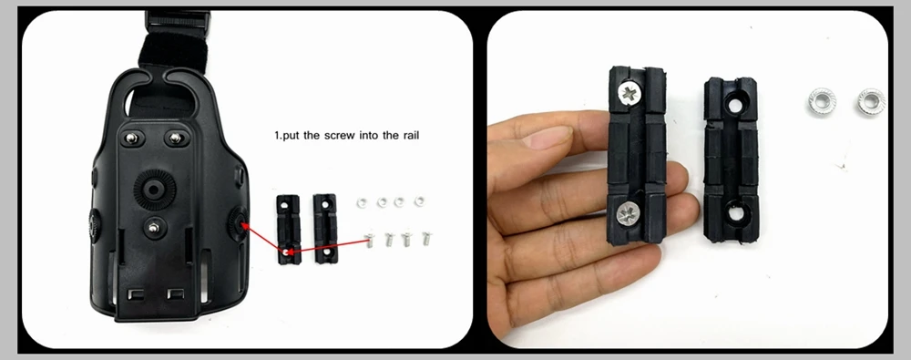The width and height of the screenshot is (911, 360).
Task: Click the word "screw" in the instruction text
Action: tap(339, 136)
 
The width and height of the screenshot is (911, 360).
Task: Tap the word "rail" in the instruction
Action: tap(410, 136)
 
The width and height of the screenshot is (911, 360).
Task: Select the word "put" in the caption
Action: tap(292, 136)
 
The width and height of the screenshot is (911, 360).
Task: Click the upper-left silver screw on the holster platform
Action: tap(132, 138)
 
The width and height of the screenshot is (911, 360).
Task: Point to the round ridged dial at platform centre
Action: tap(155, 189)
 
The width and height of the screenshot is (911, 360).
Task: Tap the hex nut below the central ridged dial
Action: tap(153, 228)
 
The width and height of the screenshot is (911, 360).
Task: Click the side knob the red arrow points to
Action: tap(237, 224)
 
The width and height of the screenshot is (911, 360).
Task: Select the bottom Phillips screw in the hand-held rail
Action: tap(627, 213)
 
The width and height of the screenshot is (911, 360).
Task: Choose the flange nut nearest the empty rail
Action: tap(821, 102)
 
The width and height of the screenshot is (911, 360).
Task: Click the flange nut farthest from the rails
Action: tap(871, 102)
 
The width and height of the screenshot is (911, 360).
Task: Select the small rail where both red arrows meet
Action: tap(288, 230)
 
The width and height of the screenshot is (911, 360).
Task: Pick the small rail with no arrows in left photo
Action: tap(325, 229)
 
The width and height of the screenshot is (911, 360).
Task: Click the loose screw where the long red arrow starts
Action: tap(369, 240)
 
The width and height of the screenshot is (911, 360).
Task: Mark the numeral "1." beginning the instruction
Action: tap(277, 136)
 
